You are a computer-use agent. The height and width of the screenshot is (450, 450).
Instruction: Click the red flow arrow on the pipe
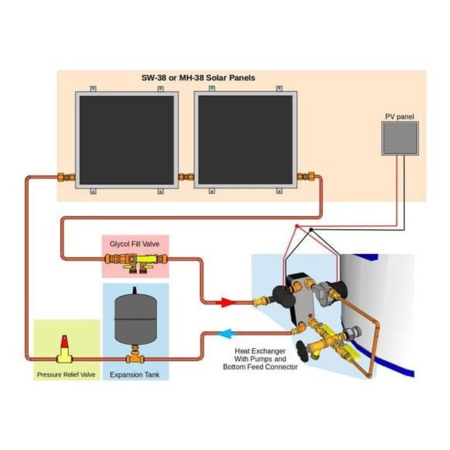[227, 302]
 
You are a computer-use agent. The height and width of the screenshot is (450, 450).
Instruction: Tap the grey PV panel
[400, 139]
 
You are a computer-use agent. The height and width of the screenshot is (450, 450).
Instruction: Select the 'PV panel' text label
[400, 117]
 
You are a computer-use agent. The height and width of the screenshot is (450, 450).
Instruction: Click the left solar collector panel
[127, 140]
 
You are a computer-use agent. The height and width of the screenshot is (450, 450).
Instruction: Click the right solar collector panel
[245, 140]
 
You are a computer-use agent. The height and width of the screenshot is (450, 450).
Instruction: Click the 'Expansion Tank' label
[135, 375]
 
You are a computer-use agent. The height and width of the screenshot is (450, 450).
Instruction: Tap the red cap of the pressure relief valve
[65, 342]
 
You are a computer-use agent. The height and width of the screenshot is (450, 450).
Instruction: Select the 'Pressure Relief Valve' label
[66, 375]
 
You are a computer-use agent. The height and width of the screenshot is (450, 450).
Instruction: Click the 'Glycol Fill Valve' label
[135, 244]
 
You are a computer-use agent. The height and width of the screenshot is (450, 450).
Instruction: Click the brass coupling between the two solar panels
[186, 177]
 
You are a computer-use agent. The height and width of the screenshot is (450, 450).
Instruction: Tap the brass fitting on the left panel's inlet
[66, 177]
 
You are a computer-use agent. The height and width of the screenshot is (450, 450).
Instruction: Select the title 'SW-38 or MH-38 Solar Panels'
[198, 78]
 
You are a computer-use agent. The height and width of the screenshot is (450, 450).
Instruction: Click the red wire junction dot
[297, 226]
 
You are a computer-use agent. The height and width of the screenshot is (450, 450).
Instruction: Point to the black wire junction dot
[311, 230]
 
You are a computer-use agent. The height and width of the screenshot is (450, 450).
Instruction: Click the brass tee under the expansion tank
[135, 358]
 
